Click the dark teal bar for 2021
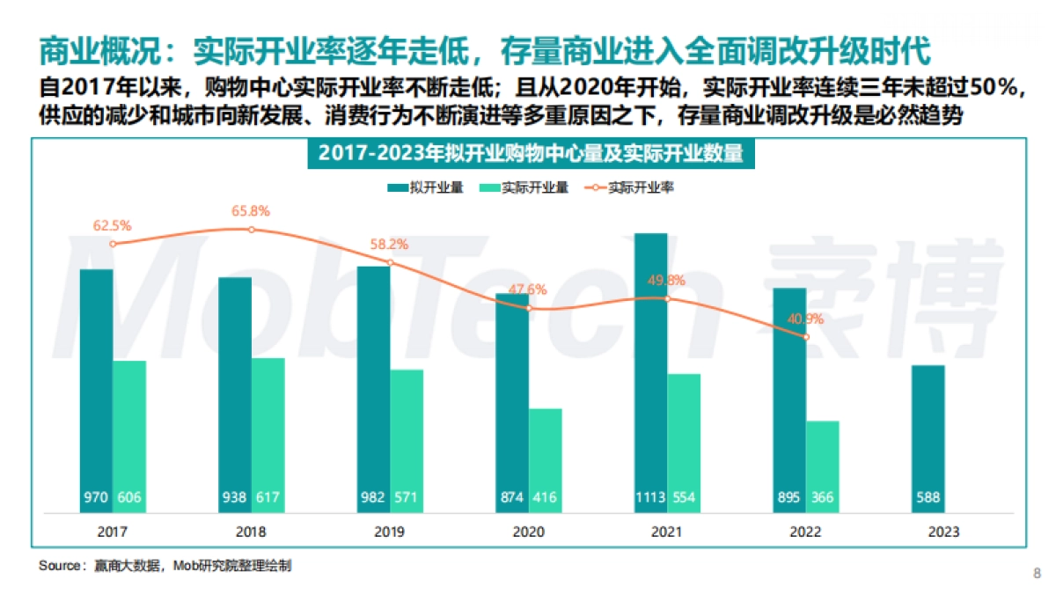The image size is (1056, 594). coord(650,370)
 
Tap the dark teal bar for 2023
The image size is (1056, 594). coord(928,436)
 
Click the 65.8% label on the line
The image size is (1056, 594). coord(251,211)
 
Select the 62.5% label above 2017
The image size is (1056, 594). coord(112,225)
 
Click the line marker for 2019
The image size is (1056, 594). coord(390,262)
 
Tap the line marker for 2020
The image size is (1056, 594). coord(529,308)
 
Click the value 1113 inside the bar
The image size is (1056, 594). coord(650,498)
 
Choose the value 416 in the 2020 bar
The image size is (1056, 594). coord(546,498)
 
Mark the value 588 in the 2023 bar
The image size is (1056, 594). coord(928,498)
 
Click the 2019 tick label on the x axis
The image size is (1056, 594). coord(390,532)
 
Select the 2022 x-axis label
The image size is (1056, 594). coord(805,532)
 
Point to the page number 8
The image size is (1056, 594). coord(1035,574)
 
